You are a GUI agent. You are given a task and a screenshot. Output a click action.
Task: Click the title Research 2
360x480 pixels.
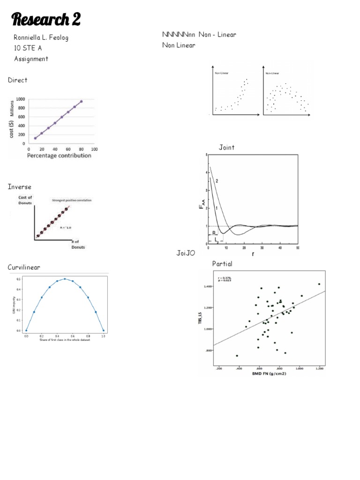click(46, 20)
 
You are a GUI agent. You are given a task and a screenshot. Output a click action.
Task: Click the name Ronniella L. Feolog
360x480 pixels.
click(44, 37)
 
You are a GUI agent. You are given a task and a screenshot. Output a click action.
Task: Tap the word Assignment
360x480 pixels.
click(31, 59)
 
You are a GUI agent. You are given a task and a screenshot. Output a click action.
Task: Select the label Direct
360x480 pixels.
click(18, 80)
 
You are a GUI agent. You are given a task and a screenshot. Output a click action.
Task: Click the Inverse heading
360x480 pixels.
click(19, 187)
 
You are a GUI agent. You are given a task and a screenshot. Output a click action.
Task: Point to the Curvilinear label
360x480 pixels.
click(24, 267)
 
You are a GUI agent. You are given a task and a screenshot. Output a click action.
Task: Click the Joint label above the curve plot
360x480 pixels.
click(227, 148)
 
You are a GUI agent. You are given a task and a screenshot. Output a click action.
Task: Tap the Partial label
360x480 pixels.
click(222, 264)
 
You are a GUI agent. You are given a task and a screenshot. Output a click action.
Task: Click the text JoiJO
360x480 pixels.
click(185, 253)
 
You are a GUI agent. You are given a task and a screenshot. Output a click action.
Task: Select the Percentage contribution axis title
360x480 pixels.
click(59, 155)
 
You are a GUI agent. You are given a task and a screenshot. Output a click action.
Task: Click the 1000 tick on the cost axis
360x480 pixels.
click(20, 99)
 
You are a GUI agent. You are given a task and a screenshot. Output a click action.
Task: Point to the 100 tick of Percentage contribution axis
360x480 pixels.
click(94, 149)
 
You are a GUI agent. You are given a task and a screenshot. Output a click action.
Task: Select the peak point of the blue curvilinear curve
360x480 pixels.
click(65, 278)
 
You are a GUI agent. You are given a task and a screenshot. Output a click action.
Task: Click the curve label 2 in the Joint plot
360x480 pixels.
click(217, 181)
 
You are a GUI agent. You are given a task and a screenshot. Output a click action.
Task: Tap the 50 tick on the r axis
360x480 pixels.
click(298, 247)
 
